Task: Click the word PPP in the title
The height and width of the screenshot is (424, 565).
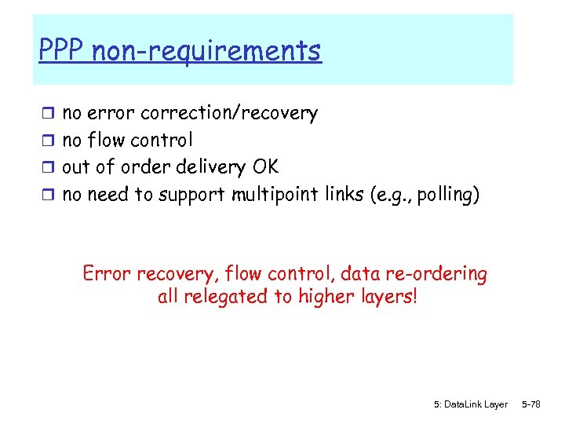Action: coord(62,51)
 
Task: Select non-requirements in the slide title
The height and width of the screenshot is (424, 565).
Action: coord(206,51)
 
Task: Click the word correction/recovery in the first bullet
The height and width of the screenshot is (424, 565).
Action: coord(229,114)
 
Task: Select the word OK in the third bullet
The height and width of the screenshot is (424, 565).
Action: coord(264,167)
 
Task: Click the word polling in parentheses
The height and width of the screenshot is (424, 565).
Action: coord(446,195)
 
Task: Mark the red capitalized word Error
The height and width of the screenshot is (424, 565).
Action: coord(107,274)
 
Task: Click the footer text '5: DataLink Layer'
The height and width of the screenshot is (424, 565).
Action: coord(470,404)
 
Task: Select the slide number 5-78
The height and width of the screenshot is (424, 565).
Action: coord(531,404)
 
